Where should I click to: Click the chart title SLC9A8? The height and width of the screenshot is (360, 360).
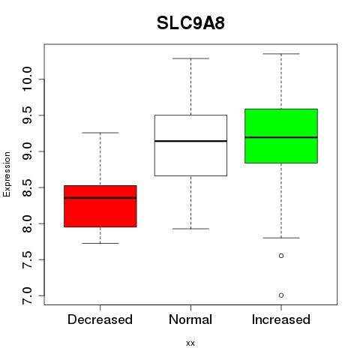190,23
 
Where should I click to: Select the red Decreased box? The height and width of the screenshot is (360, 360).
100,206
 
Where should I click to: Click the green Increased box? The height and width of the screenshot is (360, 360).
281,136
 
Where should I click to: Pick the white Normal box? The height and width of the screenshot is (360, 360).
190,145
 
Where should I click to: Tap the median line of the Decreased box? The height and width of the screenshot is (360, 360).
100,198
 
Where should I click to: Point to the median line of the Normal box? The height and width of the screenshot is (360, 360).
190,141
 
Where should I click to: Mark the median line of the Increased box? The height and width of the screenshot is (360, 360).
281,137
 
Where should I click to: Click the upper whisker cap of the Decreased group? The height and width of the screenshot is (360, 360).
100,133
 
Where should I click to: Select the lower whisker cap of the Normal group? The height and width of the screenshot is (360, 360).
190,229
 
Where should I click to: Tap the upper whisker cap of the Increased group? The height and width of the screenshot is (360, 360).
281,54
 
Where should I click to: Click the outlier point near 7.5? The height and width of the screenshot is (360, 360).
281,256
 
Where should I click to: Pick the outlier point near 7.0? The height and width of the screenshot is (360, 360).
281,295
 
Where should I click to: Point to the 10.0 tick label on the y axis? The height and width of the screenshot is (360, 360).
27,79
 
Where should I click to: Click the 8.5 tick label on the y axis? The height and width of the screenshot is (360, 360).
27,187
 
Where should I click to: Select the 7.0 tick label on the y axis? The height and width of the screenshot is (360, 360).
27,295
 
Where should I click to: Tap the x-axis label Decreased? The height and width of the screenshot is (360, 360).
100,319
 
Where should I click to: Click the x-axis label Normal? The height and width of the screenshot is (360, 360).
190,319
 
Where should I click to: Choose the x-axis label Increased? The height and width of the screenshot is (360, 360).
281,319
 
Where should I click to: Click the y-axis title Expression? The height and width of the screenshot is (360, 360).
7,174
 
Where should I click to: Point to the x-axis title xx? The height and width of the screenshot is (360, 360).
190,343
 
